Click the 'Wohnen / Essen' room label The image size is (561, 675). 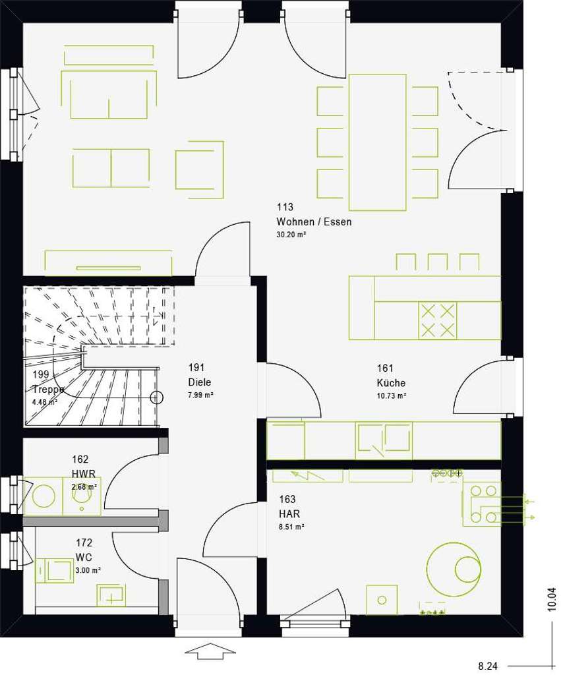pos(314,221)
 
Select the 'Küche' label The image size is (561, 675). pos(391,383)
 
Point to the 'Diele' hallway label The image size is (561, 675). pos(200,382)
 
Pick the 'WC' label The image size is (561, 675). pos(84,557)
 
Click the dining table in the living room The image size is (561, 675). pos(377,142)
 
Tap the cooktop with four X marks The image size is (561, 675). pos(438,320)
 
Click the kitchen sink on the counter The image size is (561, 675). pos(384,440)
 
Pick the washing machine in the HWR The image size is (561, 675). pos(44,496)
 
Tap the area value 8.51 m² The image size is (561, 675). pos(291,527)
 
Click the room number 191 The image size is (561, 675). pos(196,368)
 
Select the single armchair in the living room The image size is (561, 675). pos(199,169)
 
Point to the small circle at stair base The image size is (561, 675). pos(156,397)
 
